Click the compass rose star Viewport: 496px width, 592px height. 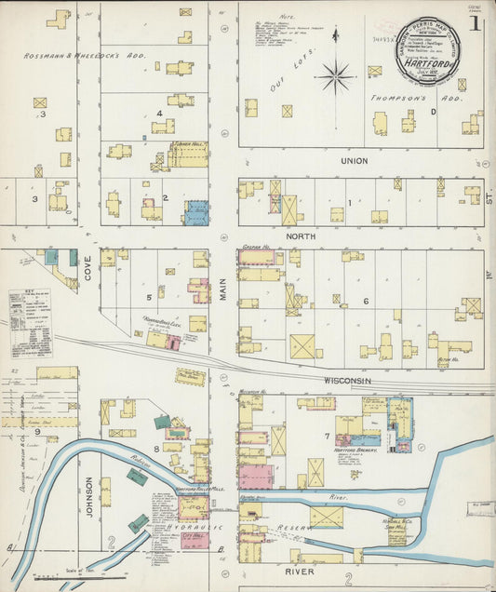pos(334,74)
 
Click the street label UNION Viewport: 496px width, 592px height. pos(354,161)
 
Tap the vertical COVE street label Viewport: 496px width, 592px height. pos(88,270)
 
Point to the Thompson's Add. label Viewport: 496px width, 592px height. pos(403,97)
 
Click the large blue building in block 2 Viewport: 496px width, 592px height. pos(196,213)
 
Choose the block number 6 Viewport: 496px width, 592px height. pos(366,301)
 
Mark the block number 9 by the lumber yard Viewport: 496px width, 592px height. pos(38,432)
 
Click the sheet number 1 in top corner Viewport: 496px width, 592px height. pos(476,22)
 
